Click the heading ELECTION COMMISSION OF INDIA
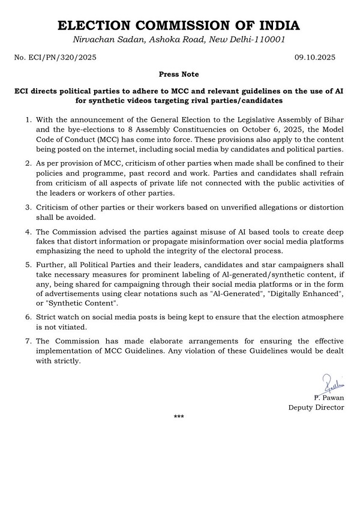click(x=179, y=26)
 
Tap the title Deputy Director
click(x=316, y=407)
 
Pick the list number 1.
click(x=28, y=120)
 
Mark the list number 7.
click(x=28, y=342)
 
